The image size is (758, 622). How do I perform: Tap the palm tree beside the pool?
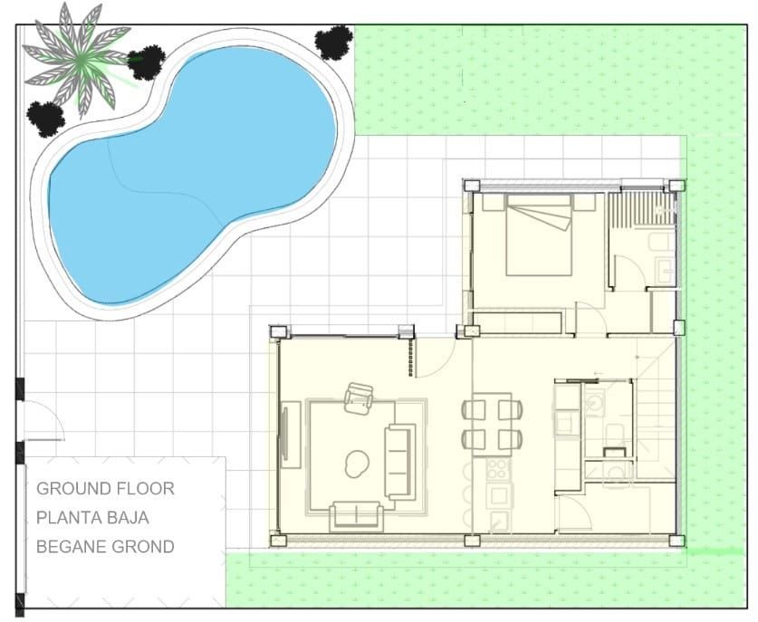click(81, 60)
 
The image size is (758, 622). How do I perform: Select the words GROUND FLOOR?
click(105, 489)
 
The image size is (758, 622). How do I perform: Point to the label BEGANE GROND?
click(105, 547)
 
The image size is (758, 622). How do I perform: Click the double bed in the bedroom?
click(539, 235)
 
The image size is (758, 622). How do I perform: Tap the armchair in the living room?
click(360, 397)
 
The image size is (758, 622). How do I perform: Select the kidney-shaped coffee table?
click(357, 464)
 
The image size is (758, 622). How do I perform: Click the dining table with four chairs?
click(492, 424)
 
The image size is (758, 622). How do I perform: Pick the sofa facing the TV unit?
click(399, 460)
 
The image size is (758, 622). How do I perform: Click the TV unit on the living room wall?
click(290, 436)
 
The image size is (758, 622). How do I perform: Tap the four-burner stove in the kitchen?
click(498, 469)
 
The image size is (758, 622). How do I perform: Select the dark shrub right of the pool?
click(333, 42)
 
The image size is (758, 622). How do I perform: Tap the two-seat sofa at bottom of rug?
click(357, 514)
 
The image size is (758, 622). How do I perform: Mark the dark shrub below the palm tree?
click(44, 118)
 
